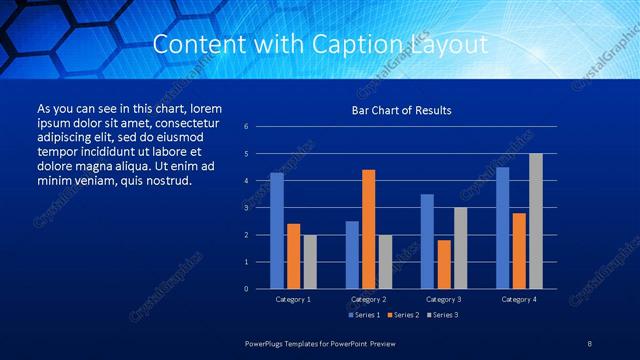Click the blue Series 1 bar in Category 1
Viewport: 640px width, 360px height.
click(277, 231)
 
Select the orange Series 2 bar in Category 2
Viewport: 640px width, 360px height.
click(368, 229)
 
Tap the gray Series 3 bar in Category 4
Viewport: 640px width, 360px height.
click(535, 221)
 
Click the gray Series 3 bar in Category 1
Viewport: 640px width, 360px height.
click(310, 262)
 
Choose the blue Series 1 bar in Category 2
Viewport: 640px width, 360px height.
click(352, 255)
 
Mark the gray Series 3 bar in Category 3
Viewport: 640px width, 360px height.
click(460, 248)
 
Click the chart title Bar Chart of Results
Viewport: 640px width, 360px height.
click(401, 110)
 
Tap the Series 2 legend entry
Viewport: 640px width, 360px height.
click(404, 315)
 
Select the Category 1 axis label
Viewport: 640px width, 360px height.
click(293, 299)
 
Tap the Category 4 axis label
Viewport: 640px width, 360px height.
click(518, 299)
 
